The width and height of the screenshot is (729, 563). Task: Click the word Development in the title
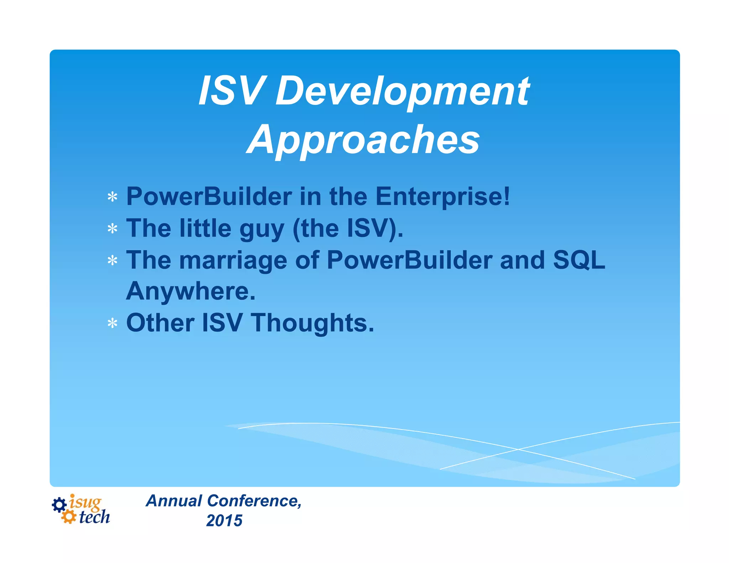pos(402,92)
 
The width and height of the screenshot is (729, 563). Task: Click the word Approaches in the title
pos(363,140)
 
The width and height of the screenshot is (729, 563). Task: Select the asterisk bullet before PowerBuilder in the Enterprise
pos(112,197)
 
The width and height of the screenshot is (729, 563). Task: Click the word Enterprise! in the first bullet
pos(442,196)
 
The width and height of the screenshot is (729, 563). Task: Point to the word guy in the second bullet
pos(262,229)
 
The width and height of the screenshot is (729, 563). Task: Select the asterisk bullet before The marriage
pos(112,261)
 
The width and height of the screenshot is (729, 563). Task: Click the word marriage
pos(233,261)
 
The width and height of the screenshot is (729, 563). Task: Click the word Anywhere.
pos(191,291)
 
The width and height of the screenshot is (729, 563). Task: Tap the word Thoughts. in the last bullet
pos(313,323)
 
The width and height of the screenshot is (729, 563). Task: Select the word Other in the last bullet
pos(160,323)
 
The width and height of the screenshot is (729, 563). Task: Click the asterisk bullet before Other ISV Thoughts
pos(112,323)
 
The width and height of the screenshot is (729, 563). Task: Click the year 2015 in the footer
pos(224,521)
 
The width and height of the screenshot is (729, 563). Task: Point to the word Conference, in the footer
pos(254,501)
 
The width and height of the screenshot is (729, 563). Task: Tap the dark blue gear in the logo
pos(59,505)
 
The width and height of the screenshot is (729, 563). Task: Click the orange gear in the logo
pos(68,517)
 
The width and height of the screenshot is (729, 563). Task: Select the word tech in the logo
pos(94,517)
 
